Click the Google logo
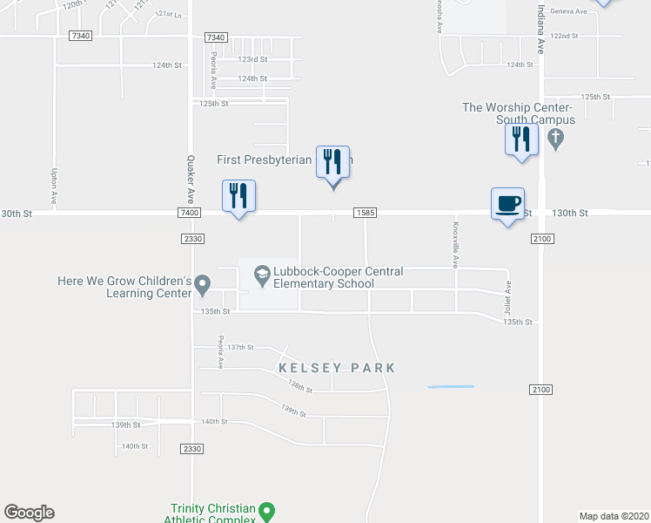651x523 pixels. tap(29, 513)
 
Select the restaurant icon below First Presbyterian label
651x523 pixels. tap(332, 164)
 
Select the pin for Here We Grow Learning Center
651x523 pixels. tap(203, 284)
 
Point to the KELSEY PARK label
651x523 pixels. tap(337, 369)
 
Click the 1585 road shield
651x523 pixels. tap(365, 213)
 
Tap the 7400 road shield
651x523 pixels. tap(188, 213)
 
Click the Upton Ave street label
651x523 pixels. tap(54, 187)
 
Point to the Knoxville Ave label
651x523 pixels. tap(454, 242)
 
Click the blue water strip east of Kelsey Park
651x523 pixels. tap(451, 386)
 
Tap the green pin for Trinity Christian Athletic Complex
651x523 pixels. tap(267, 510)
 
